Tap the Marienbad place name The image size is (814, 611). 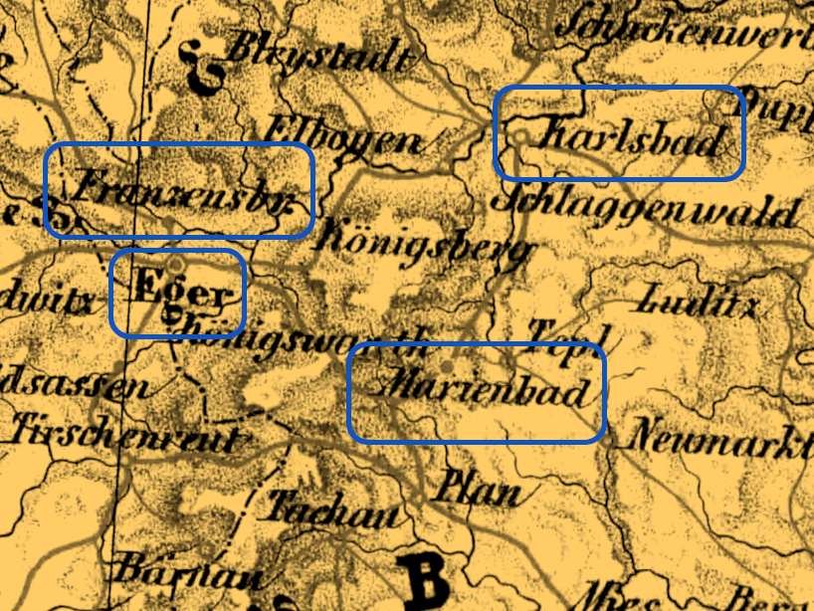click(x=489, y=390)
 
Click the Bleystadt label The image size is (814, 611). click(x=318, y=54)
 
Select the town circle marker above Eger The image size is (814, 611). click(x=175, y=265)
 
